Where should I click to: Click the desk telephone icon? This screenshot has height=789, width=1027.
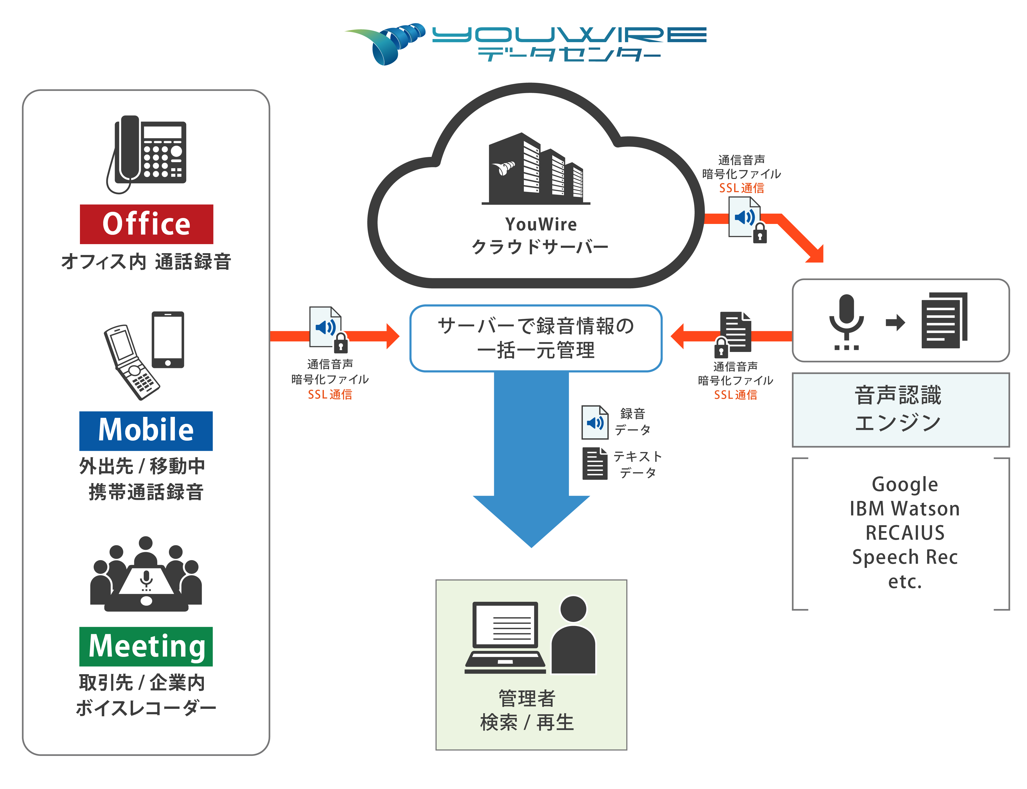pyautogui.click(x=146, y=154)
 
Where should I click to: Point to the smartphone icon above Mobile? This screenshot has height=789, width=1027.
pyautogui.click(x=168, y=340)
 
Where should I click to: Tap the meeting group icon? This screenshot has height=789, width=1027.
pyautogui.click(x=146, y=574)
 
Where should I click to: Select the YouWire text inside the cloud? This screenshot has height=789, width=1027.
pyautogui.click(x=541, y=224)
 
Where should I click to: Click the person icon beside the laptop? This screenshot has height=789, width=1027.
pyautogui.click(x=573, y=635)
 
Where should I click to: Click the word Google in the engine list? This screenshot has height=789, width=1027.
pyautogui.click(x=905, y=484)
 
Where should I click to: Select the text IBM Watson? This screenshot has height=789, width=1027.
pyautogui.click(x=905, y=509)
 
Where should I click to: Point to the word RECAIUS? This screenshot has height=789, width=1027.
pyautogui.click(x=905, y=533)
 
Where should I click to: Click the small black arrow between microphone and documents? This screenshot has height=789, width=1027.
pyautogui.click(x=895, y=322)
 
